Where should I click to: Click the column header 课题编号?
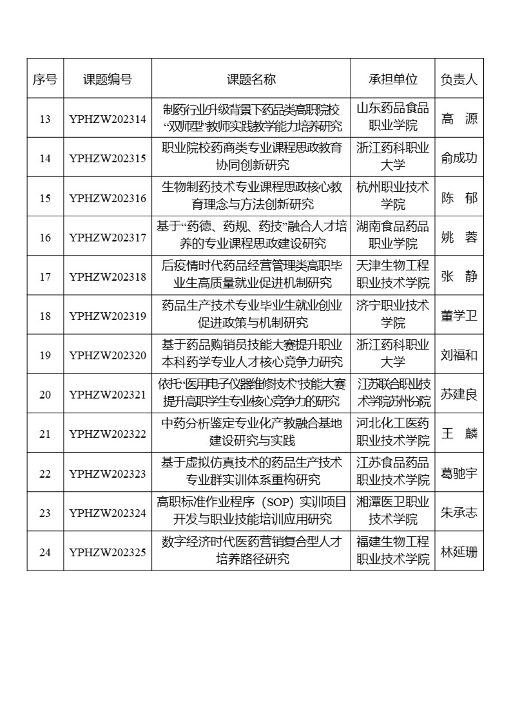point(108,79)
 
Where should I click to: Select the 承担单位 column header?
point(393,79)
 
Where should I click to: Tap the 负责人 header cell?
point(459,79)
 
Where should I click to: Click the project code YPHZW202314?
point(108,119)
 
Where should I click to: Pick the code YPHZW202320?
point(108,355)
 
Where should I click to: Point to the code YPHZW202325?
point(108,551)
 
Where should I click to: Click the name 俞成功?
point(459,158)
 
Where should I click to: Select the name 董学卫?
point(459,315)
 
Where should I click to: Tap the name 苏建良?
point(459,394)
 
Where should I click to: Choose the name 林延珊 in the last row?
point(459,551)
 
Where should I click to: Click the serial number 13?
point(45,119)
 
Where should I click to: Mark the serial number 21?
point(45,433)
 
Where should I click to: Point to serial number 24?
point(45,551)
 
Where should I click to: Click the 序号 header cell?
point(45,79)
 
